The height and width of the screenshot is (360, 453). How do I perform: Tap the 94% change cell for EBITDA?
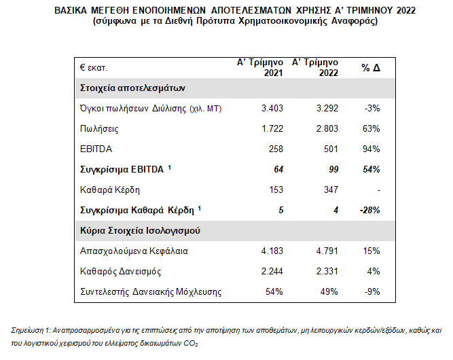(371, 148)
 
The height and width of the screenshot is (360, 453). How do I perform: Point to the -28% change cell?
(369, 210)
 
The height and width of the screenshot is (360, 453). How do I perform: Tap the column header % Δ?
(370, 68)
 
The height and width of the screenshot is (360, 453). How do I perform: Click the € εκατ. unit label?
(94, 68)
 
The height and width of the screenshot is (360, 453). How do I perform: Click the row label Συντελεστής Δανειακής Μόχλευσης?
(151, 292)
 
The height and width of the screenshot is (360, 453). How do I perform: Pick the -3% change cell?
(372, 107)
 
